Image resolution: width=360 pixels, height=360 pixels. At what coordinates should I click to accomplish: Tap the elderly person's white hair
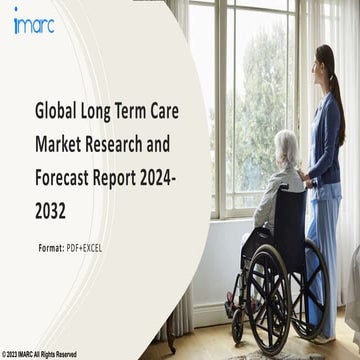286,143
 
